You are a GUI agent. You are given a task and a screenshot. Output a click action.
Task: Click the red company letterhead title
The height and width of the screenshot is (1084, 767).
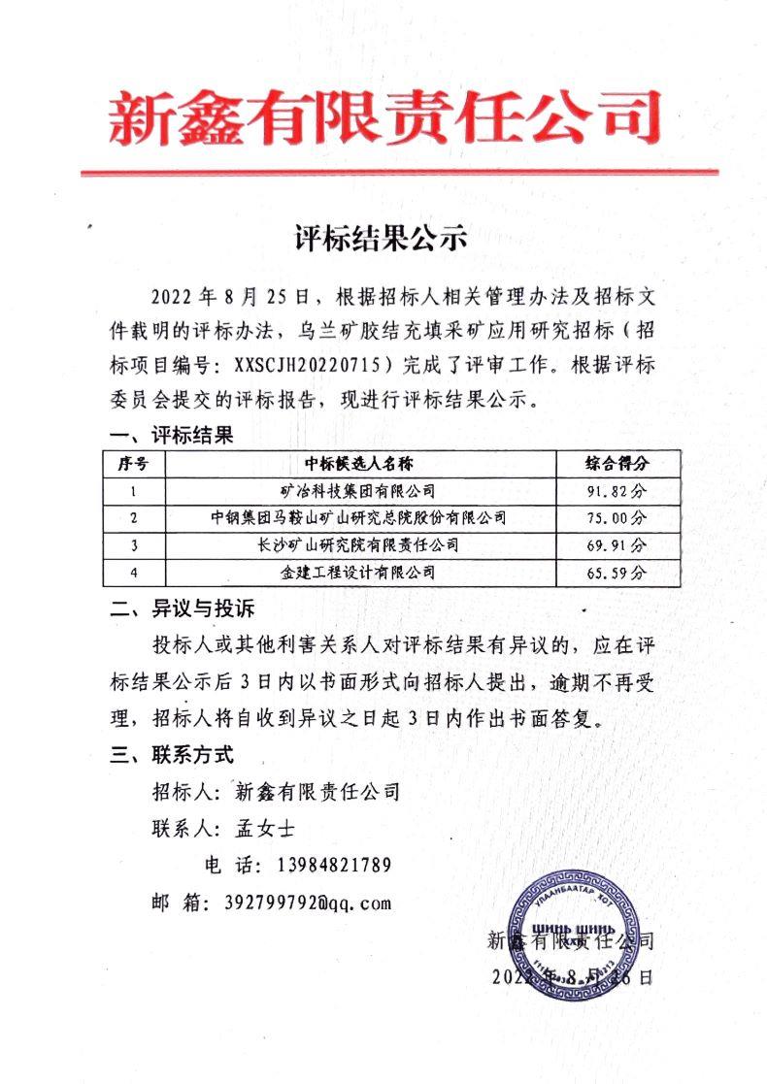[384, 118]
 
